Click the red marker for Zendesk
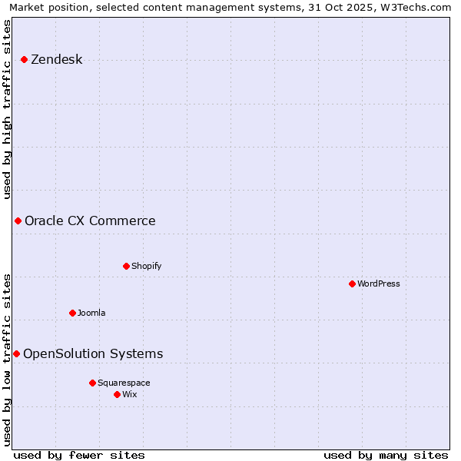pyautogui.click(x=25, y=60)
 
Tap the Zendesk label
pyautogui.click(x=56, y=60)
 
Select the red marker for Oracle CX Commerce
pyautogui.click(x=18, y=221)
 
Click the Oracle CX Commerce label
pyautogui.click(x=90, y=221)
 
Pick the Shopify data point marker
pyautogui.click(x=126, y=267)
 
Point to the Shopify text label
pyautogui.click(x=146, y=267)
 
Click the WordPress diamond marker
pyautogui.click(x=352, y=284)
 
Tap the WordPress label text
pyautogui.click(x=378, y=284)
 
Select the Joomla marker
pyautogui.click(x=72, y=313)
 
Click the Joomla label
pyautogui.click(x=91, y=313)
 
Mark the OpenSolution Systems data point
pyautogui.click(x=16, y=354)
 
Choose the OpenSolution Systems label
pyautogui.click(x=93, y=354)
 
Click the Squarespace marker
pyautogui.click(x=92, y=383)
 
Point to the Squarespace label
pyautogui.click(x=124, y=383)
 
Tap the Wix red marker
pyautogui.click(x=117, y=395)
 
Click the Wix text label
pyautogui.click(x=130, y=395)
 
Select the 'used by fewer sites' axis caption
pyautogui.click(x=79, y=456)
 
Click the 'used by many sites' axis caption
pyautogui.click(x=386, y=456)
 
